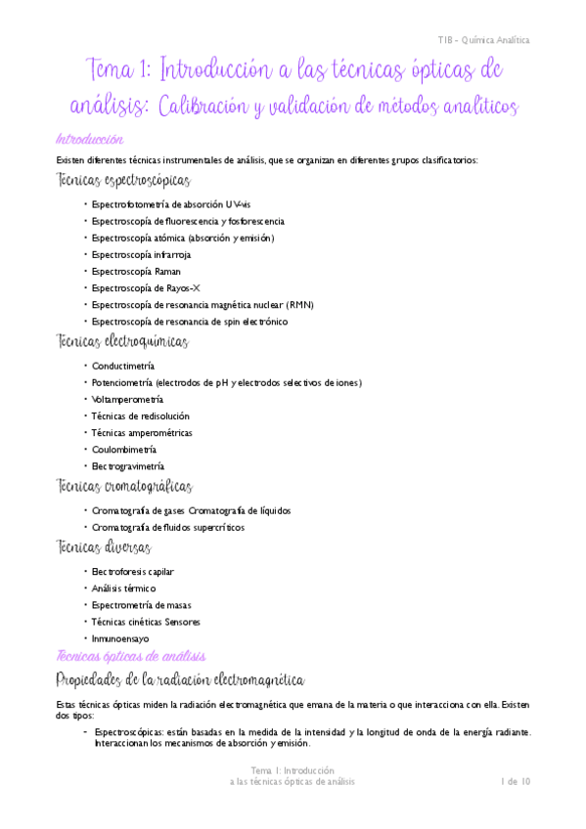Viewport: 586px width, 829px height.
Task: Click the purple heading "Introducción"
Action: tap(91, 139)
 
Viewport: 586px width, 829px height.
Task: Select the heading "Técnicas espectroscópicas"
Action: tap(124, 181)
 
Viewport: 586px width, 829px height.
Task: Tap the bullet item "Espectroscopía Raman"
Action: tap(136, 271)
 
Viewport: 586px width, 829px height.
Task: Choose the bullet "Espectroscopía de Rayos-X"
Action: tap(146, 287)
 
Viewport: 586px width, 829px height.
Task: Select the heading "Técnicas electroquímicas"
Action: tap(123, 342)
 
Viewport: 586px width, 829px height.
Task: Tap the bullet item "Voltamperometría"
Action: tap(127, 399)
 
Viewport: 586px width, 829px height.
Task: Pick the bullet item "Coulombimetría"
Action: tap(126, 449)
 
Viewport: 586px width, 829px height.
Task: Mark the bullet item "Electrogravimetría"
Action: tap(127, 466)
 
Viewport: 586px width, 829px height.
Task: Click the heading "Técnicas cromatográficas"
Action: tap(125, 487)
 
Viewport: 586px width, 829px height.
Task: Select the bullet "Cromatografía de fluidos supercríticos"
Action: tap(167, 527)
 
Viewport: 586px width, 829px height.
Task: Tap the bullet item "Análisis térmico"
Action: tap(123, 589)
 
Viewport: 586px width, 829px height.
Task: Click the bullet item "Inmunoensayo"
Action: tap(119, 638)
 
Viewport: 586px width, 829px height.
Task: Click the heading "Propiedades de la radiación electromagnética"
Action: tap(182, 679)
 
